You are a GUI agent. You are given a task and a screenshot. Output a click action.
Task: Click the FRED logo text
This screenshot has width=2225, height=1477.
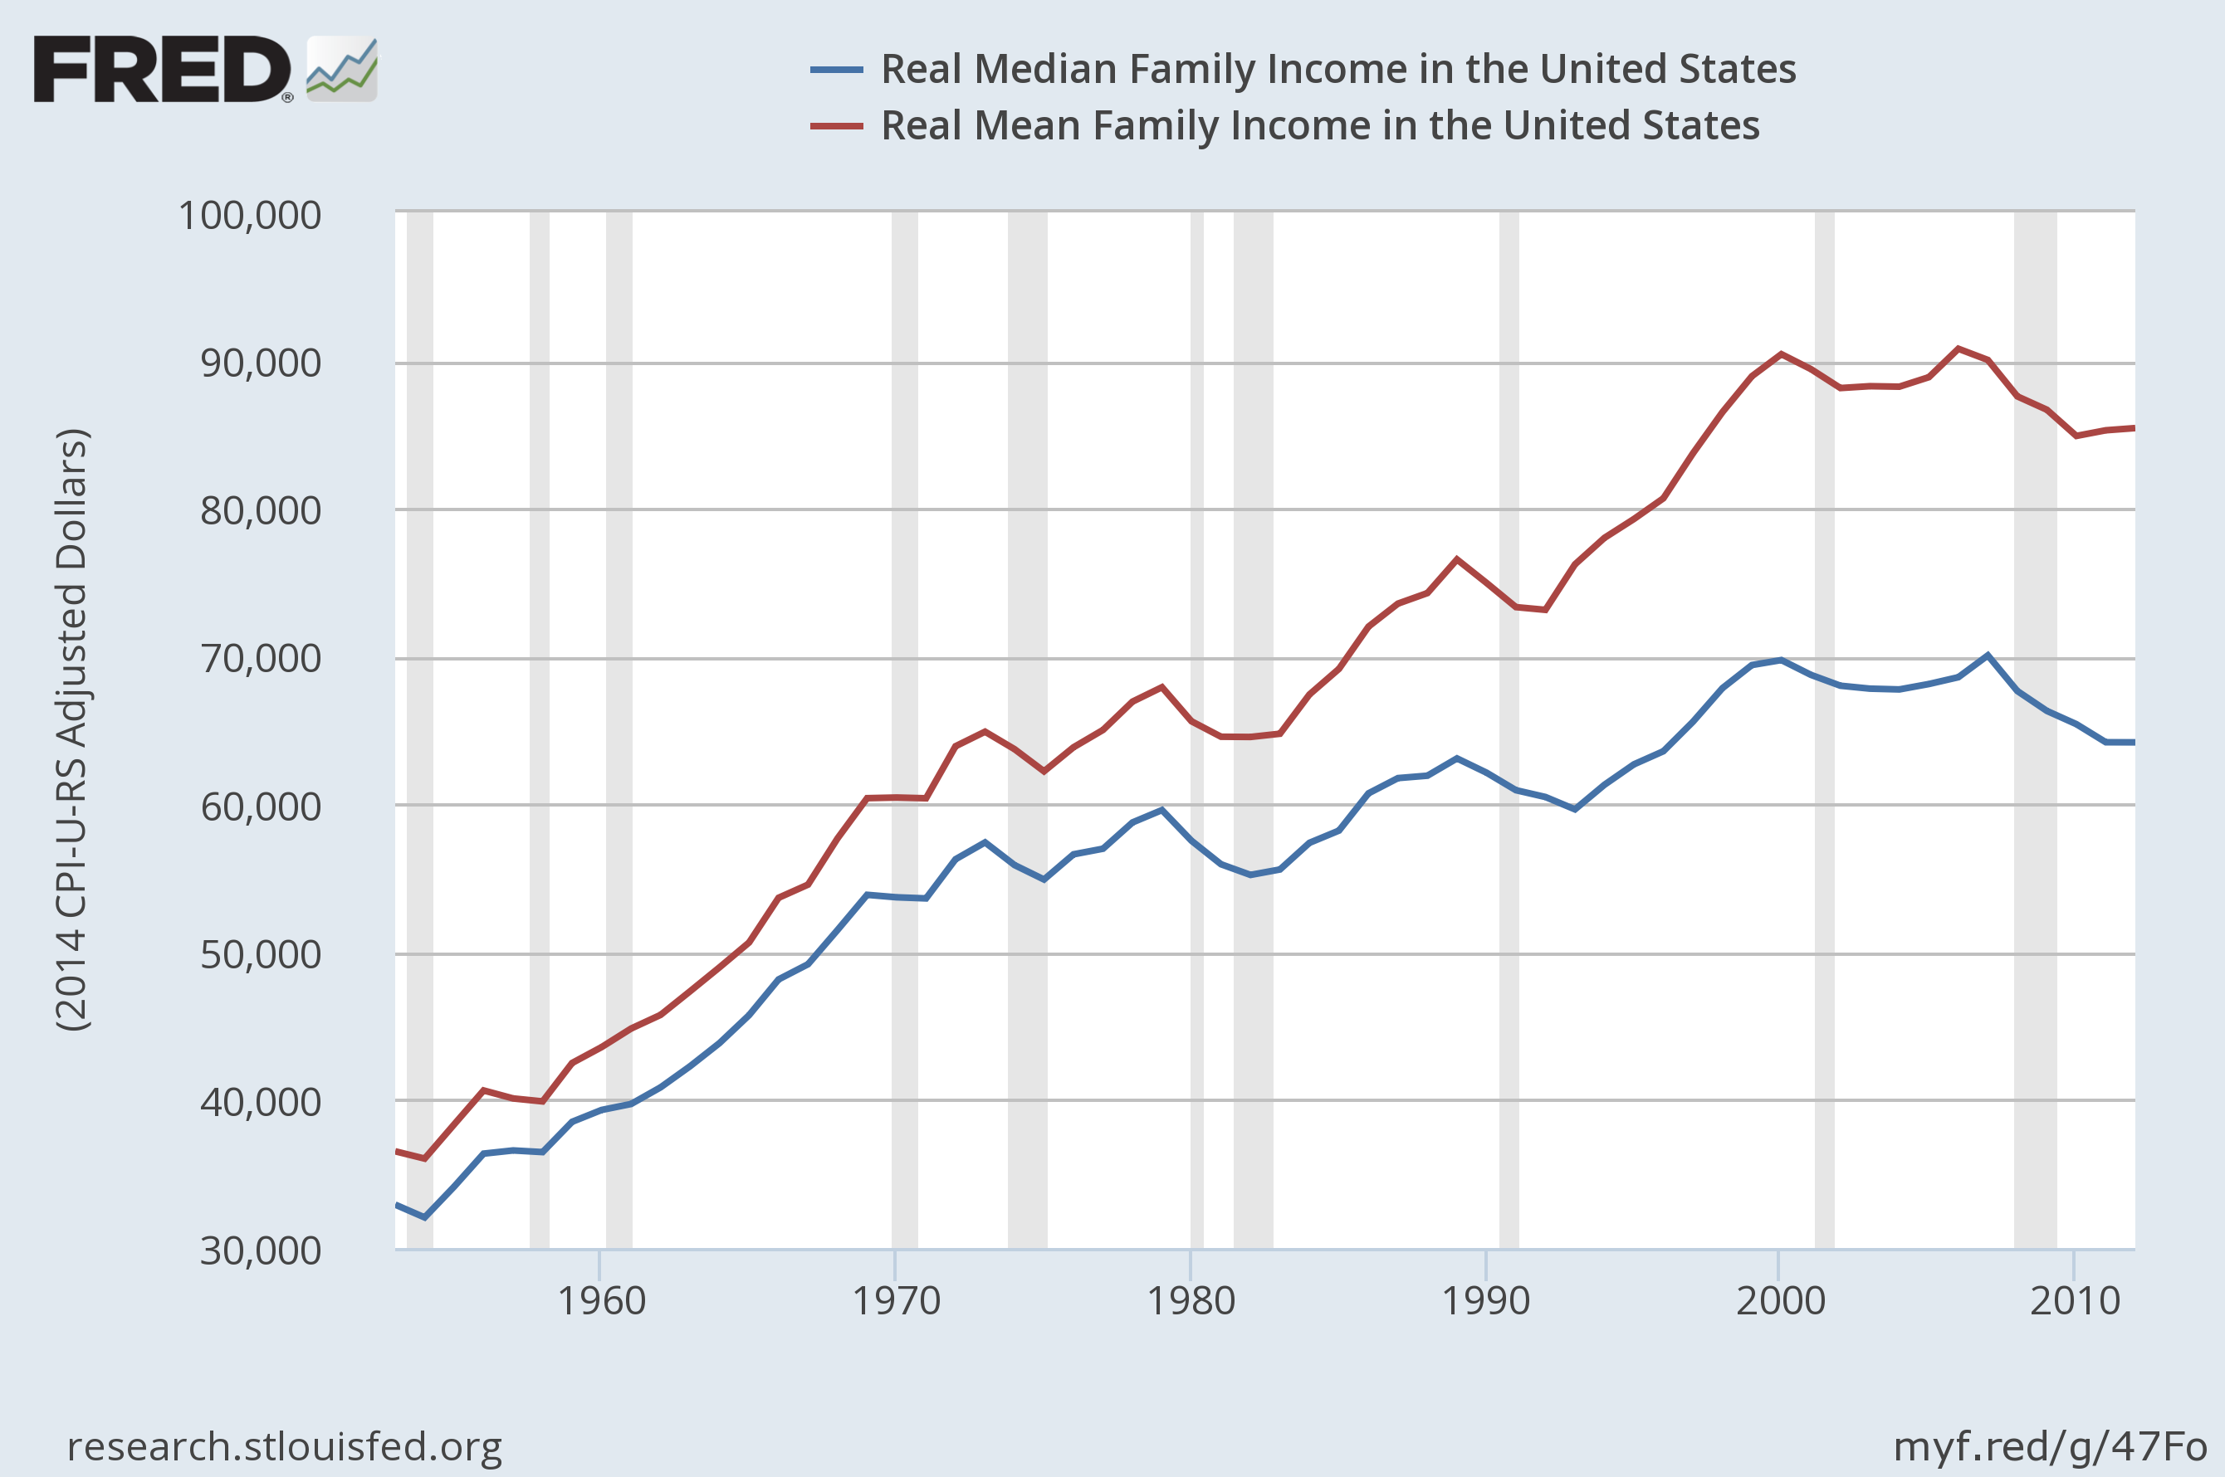(162, 69)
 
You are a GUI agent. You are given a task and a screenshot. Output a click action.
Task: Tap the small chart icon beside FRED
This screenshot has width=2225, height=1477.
(342, 69)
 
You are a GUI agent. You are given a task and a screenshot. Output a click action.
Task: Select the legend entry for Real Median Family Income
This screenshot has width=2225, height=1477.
(1337, 69)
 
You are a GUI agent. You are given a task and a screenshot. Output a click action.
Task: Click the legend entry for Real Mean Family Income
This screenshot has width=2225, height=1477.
(1319, 125)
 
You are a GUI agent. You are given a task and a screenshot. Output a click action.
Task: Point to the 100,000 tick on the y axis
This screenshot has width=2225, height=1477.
(250, 216)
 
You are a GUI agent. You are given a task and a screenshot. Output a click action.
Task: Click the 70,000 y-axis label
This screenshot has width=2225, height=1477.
(260, 659)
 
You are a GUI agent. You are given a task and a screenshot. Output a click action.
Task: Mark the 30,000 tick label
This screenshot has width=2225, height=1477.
(260, 1251)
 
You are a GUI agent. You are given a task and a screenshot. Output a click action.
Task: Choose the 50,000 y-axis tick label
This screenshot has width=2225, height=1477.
(260, 954)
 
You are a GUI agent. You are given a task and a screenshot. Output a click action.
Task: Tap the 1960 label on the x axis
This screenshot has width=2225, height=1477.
(601, 1301)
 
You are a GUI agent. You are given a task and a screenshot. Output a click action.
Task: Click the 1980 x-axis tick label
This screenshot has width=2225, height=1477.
(1191, 1301)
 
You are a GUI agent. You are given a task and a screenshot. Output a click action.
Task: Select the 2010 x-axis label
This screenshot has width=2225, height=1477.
(2074, 1301)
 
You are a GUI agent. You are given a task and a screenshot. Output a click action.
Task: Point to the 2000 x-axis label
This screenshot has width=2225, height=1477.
(1780, 1301)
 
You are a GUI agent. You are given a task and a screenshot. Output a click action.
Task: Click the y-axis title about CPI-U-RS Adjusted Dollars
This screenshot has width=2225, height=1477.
(71, 730)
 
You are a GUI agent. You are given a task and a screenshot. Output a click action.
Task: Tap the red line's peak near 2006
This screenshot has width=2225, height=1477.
(1958, 349)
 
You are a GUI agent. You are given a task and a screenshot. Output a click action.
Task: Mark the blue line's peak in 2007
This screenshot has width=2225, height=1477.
(1988, 655)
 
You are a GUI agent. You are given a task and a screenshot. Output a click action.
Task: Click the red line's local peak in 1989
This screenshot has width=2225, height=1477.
(1457, 558)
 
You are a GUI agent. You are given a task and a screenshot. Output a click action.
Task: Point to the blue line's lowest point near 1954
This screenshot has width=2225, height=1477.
(425, 1217)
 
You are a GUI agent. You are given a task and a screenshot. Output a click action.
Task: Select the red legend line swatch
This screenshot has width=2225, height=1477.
(836, 126)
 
